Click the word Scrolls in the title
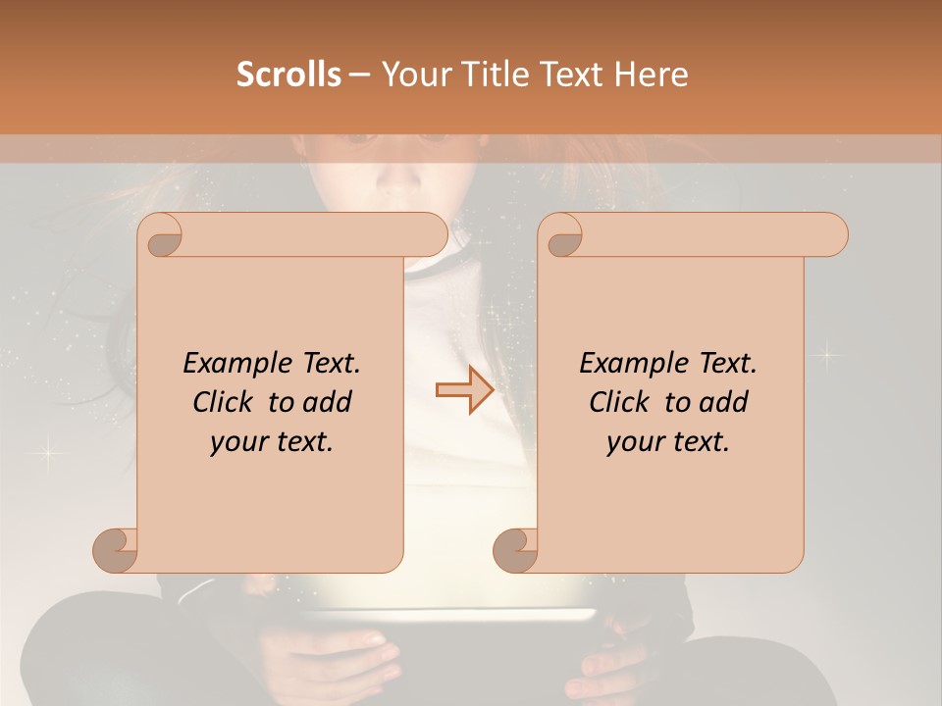pyautogui.click(x=288, y=75)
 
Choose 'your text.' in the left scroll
pyautogui.click(x=272, y=441)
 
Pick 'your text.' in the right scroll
pyautogui.click(x=668, y=441)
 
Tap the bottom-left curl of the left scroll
pyautogui.click(x=116, y=550)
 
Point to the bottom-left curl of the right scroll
pyautogui.click(x=516, y=550)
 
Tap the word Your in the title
pyautogui.click(x=412, y=75)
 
